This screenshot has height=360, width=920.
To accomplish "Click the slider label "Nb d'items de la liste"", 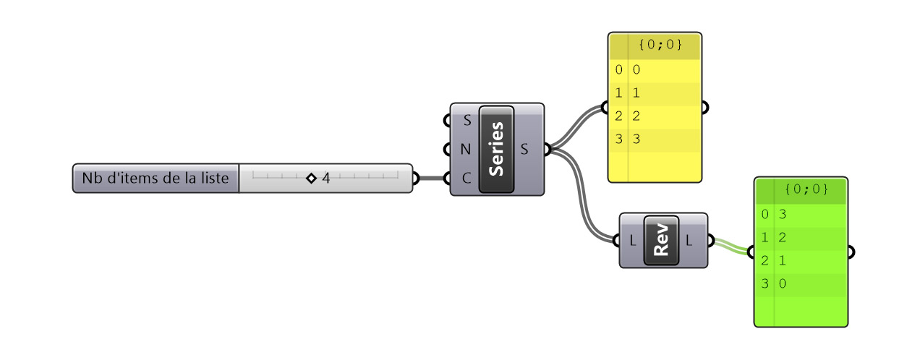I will [x=156, y=178].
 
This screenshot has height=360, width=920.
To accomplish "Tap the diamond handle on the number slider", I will [x=311, y=178].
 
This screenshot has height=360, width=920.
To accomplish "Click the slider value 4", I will [x=326, y=178].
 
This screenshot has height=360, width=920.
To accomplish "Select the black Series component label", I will [x=496, y=150].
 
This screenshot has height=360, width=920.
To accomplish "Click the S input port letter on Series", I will [x=467, y=120].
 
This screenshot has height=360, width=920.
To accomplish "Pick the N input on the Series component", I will [x=467, y=150].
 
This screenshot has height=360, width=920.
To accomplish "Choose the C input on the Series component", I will [x=467, y=179].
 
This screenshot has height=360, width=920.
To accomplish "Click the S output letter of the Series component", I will [x=525, y=150].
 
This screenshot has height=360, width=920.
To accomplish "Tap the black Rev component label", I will [x=660, y=241].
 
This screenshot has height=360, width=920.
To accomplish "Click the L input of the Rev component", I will [x=634, y=241].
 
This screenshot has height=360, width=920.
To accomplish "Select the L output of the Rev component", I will [x=689, y=241].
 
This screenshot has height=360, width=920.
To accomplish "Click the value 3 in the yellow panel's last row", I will [x=636, y=139].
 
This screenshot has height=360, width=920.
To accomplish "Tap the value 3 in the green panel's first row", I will [x=783, y=214].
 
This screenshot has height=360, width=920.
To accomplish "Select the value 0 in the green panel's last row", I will [x=783, y=283].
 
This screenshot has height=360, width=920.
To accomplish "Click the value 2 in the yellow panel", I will [x=636, y=116].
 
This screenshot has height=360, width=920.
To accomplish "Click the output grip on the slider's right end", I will [x=415, y=179].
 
